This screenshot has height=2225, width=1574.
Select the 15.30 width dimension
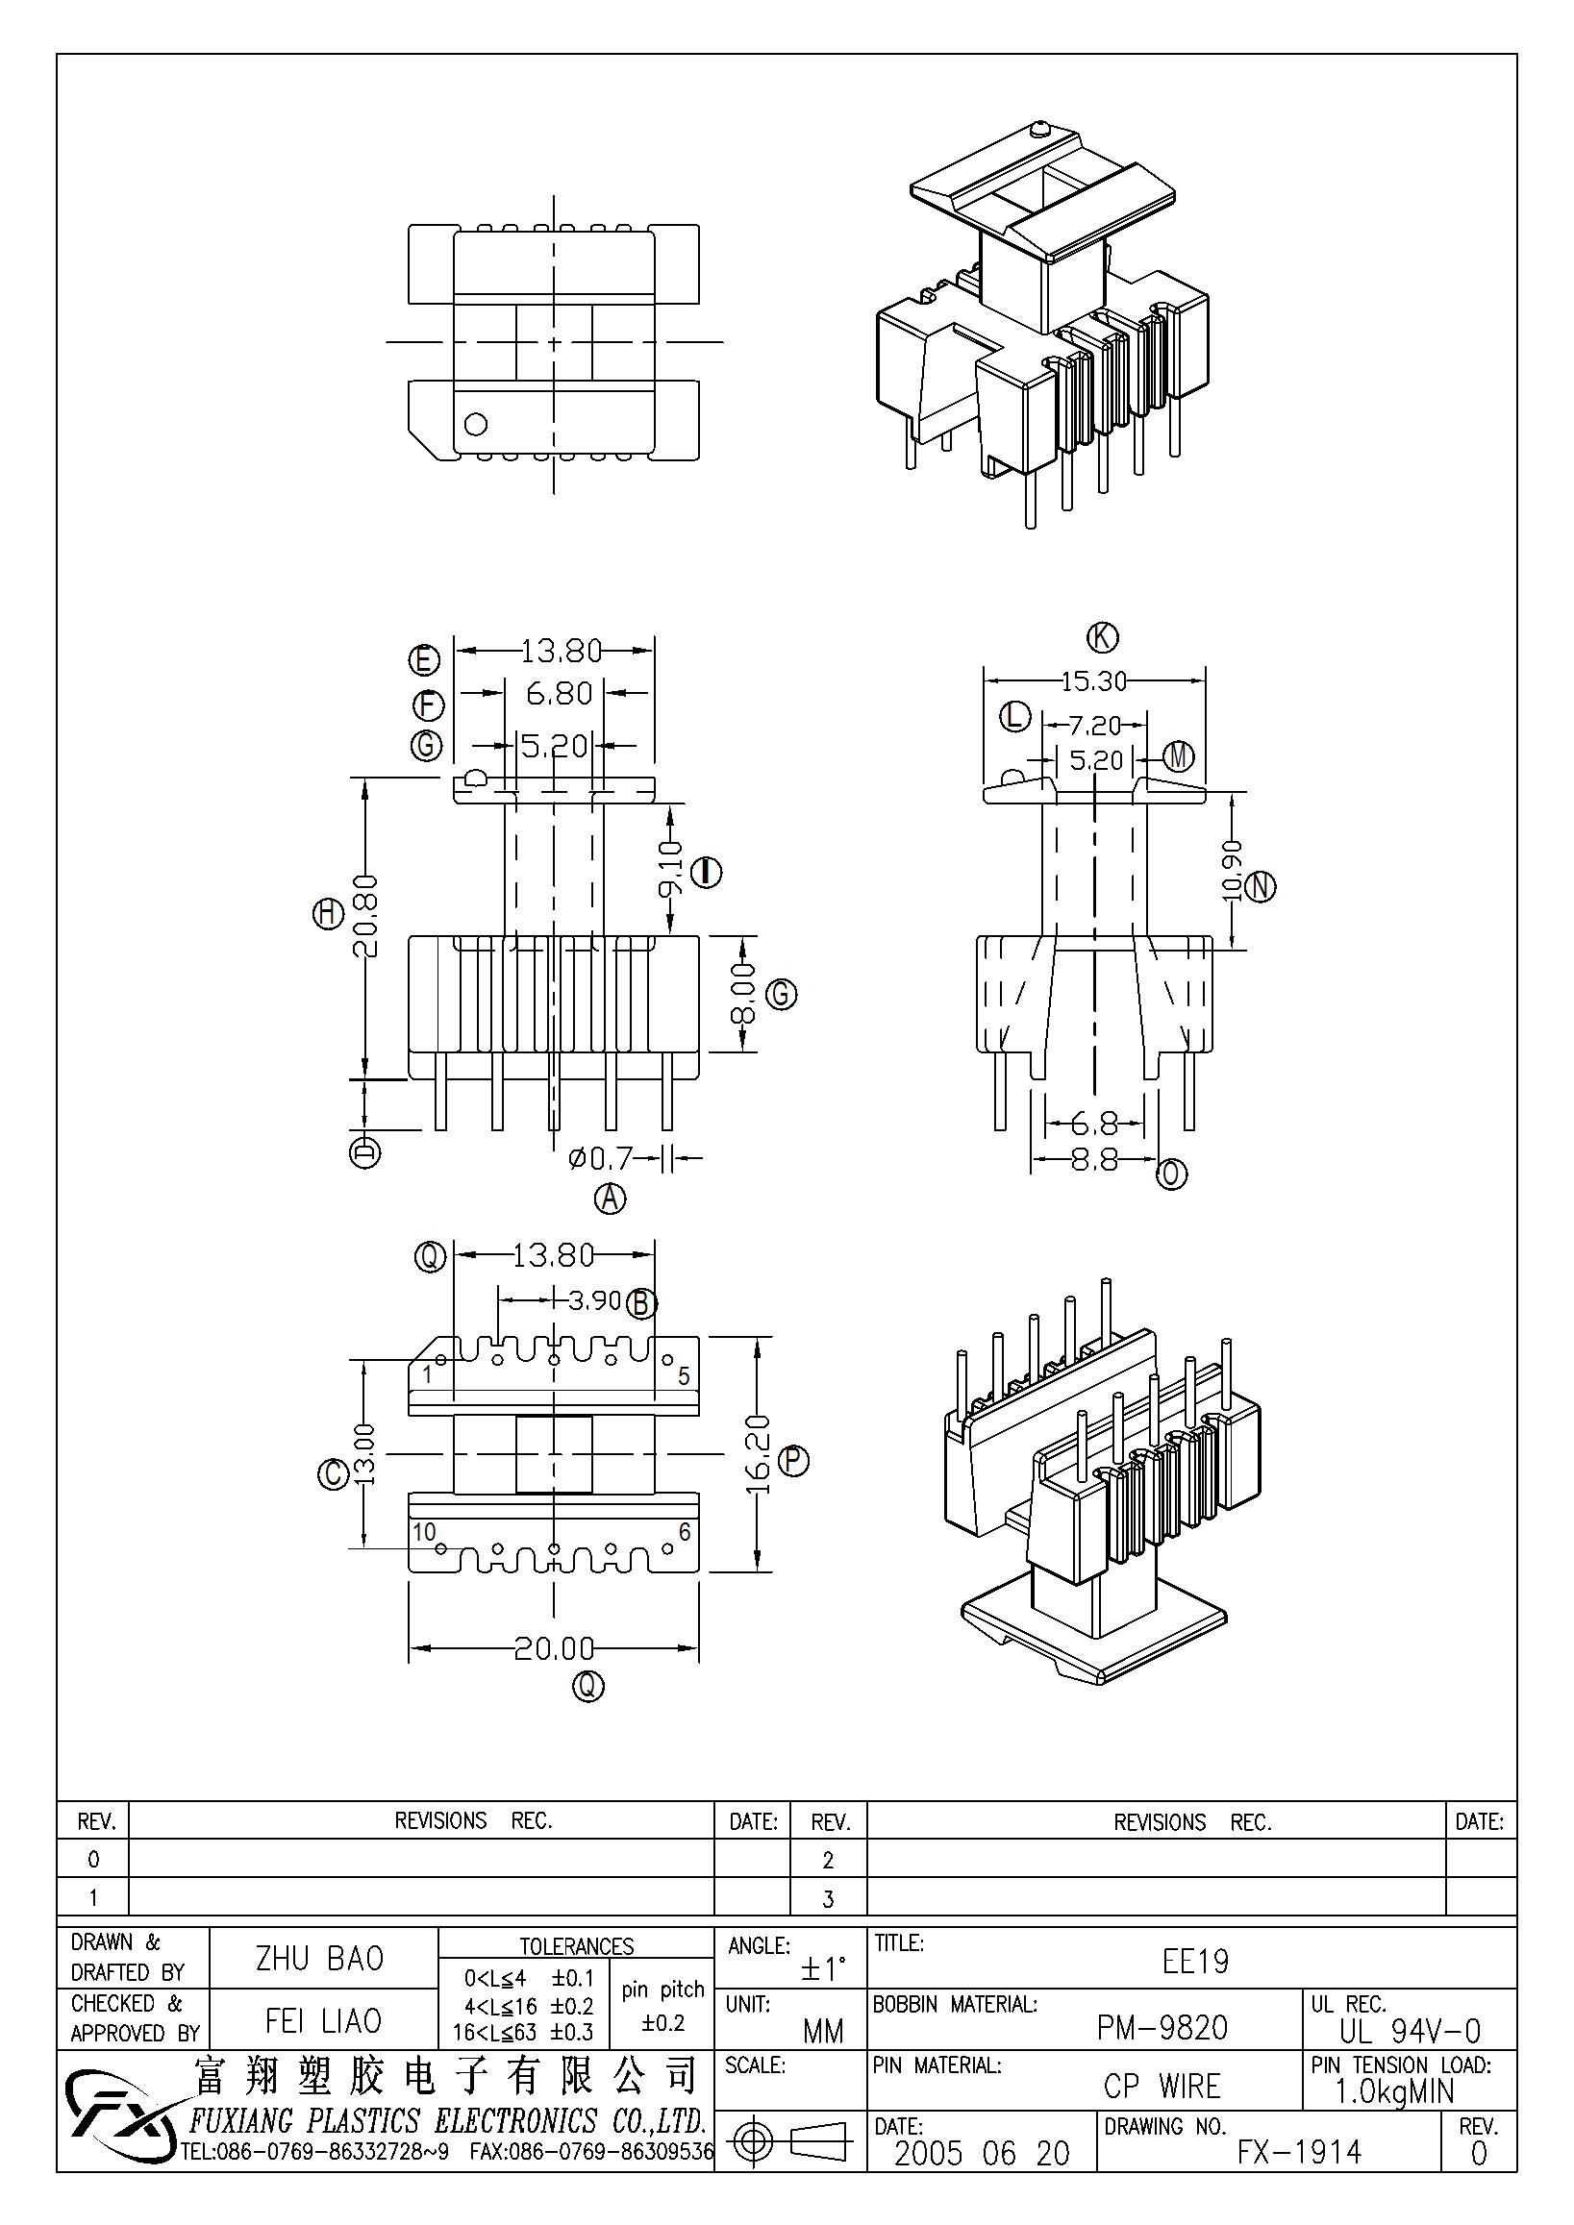[x=1094, y=681]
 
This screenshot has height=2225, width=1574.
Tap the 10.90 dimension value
[x=1232, y=870]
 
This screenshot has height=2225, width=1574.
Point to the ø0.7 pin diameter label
[x=600, y=1157]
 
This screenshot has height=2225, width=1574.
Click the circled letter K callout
[x=1102, y=637]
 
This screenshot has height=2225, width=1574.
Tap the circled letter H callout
[x=328, y=913]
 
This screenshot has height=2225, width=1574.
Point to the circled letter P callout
[x=793, y=1459]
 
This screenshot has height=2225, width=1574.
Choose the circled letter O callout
[x=1172, y=1174]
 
